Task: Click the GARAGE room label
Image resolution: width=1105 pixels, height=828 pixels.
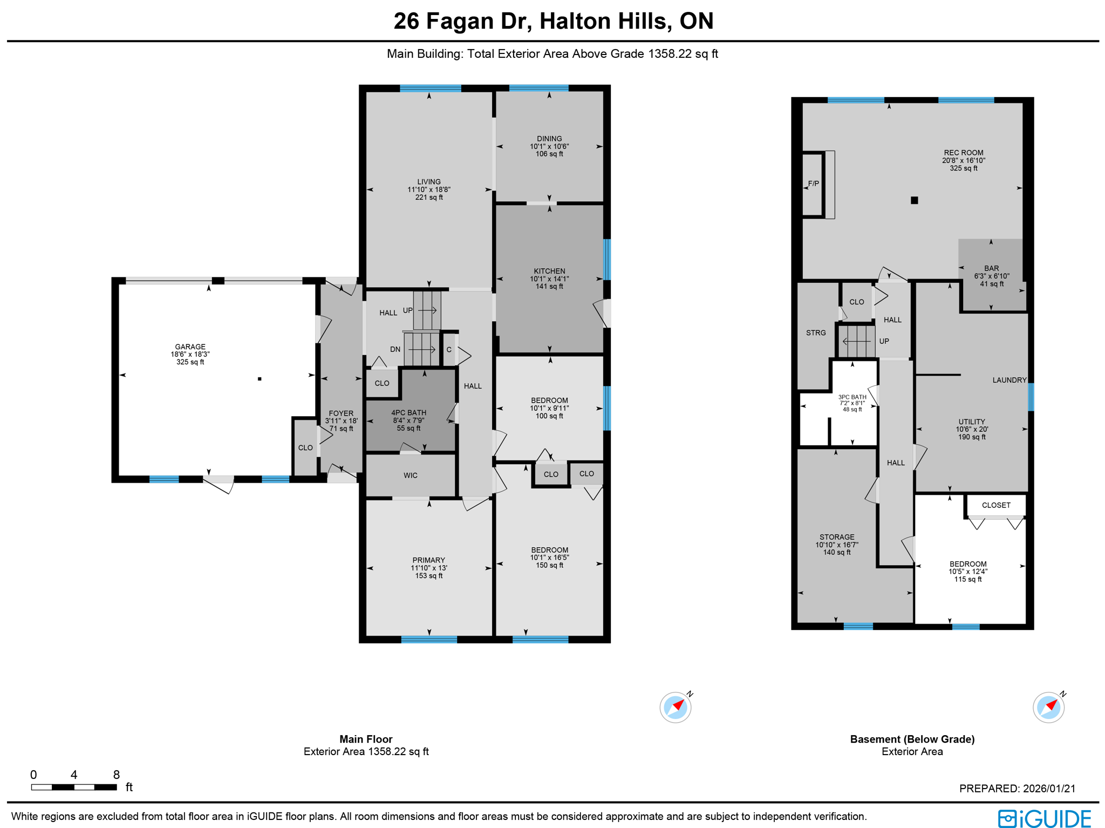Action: pyautogui.click(x=190, y=347)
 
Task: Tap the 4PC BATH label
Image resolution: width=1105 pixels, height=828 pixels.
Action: pyautogui.click(x=408, y=413)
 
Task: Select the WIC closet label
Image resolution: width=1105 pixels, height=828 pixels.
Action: pyautogui.click(x=410, y=476)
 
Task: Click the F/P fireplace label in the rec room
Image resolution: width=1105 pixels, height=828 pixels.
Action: pyautogui.click(x=814, y=184)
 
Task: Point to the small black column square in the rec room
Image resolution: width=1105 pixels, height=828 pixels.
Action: pyautogui.click(x=914, y=200)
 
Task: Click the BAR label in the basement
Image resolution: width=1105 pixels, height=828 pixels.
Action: pyautogui.click(x=991, y=268)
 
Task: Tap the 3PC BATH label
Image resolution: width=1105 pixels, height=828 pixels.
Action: pyautogui.click(x=852, y=397)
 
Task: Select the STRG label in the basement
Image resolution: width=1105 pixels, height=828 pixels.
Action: pyautogui.click(x=816, y=333)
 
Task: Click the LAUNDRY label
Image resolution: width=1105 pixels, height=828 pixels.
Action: pyautogui.click(x=1009, y=380)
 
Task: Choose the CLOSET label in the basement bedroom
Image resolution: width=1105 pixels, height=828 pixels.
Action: pyautogui.click(x=996, y=505)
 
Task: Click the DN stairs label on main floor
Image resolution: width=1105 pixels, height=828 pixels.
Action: pyautogui.click(x=395, y=349)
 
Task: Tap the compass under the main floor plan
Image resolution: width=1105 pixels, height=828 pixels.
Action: pyautogui.click(x=676, y=707)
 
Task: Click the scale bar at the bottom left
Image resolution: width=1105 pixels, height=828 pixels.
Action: pyautogui.click(x=74, y=787)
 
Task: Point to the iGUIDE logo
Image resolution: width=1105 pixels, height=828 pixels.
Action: pyautogui.click(x=1044, y=818)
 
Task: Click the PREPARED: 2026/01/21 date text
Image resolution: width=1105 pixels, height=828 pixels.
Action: pyautogui.click(x=1017, y=789)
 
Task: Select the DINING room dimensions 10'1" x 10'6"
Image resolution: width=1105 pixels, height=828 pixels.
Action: pyautogui.click(x=549, y=146)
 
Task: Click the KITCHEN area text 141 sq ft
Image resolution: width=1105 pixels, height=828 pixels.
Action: pyautogui.click(x=549, y=286)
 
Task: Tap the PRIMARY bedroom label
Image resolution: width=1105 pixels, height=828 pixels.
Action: pyautogui.click(x=429, y=560)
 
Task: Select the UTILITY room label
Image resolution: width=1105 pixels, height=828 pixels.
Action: pyautogui.click(x=972, y=422)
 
